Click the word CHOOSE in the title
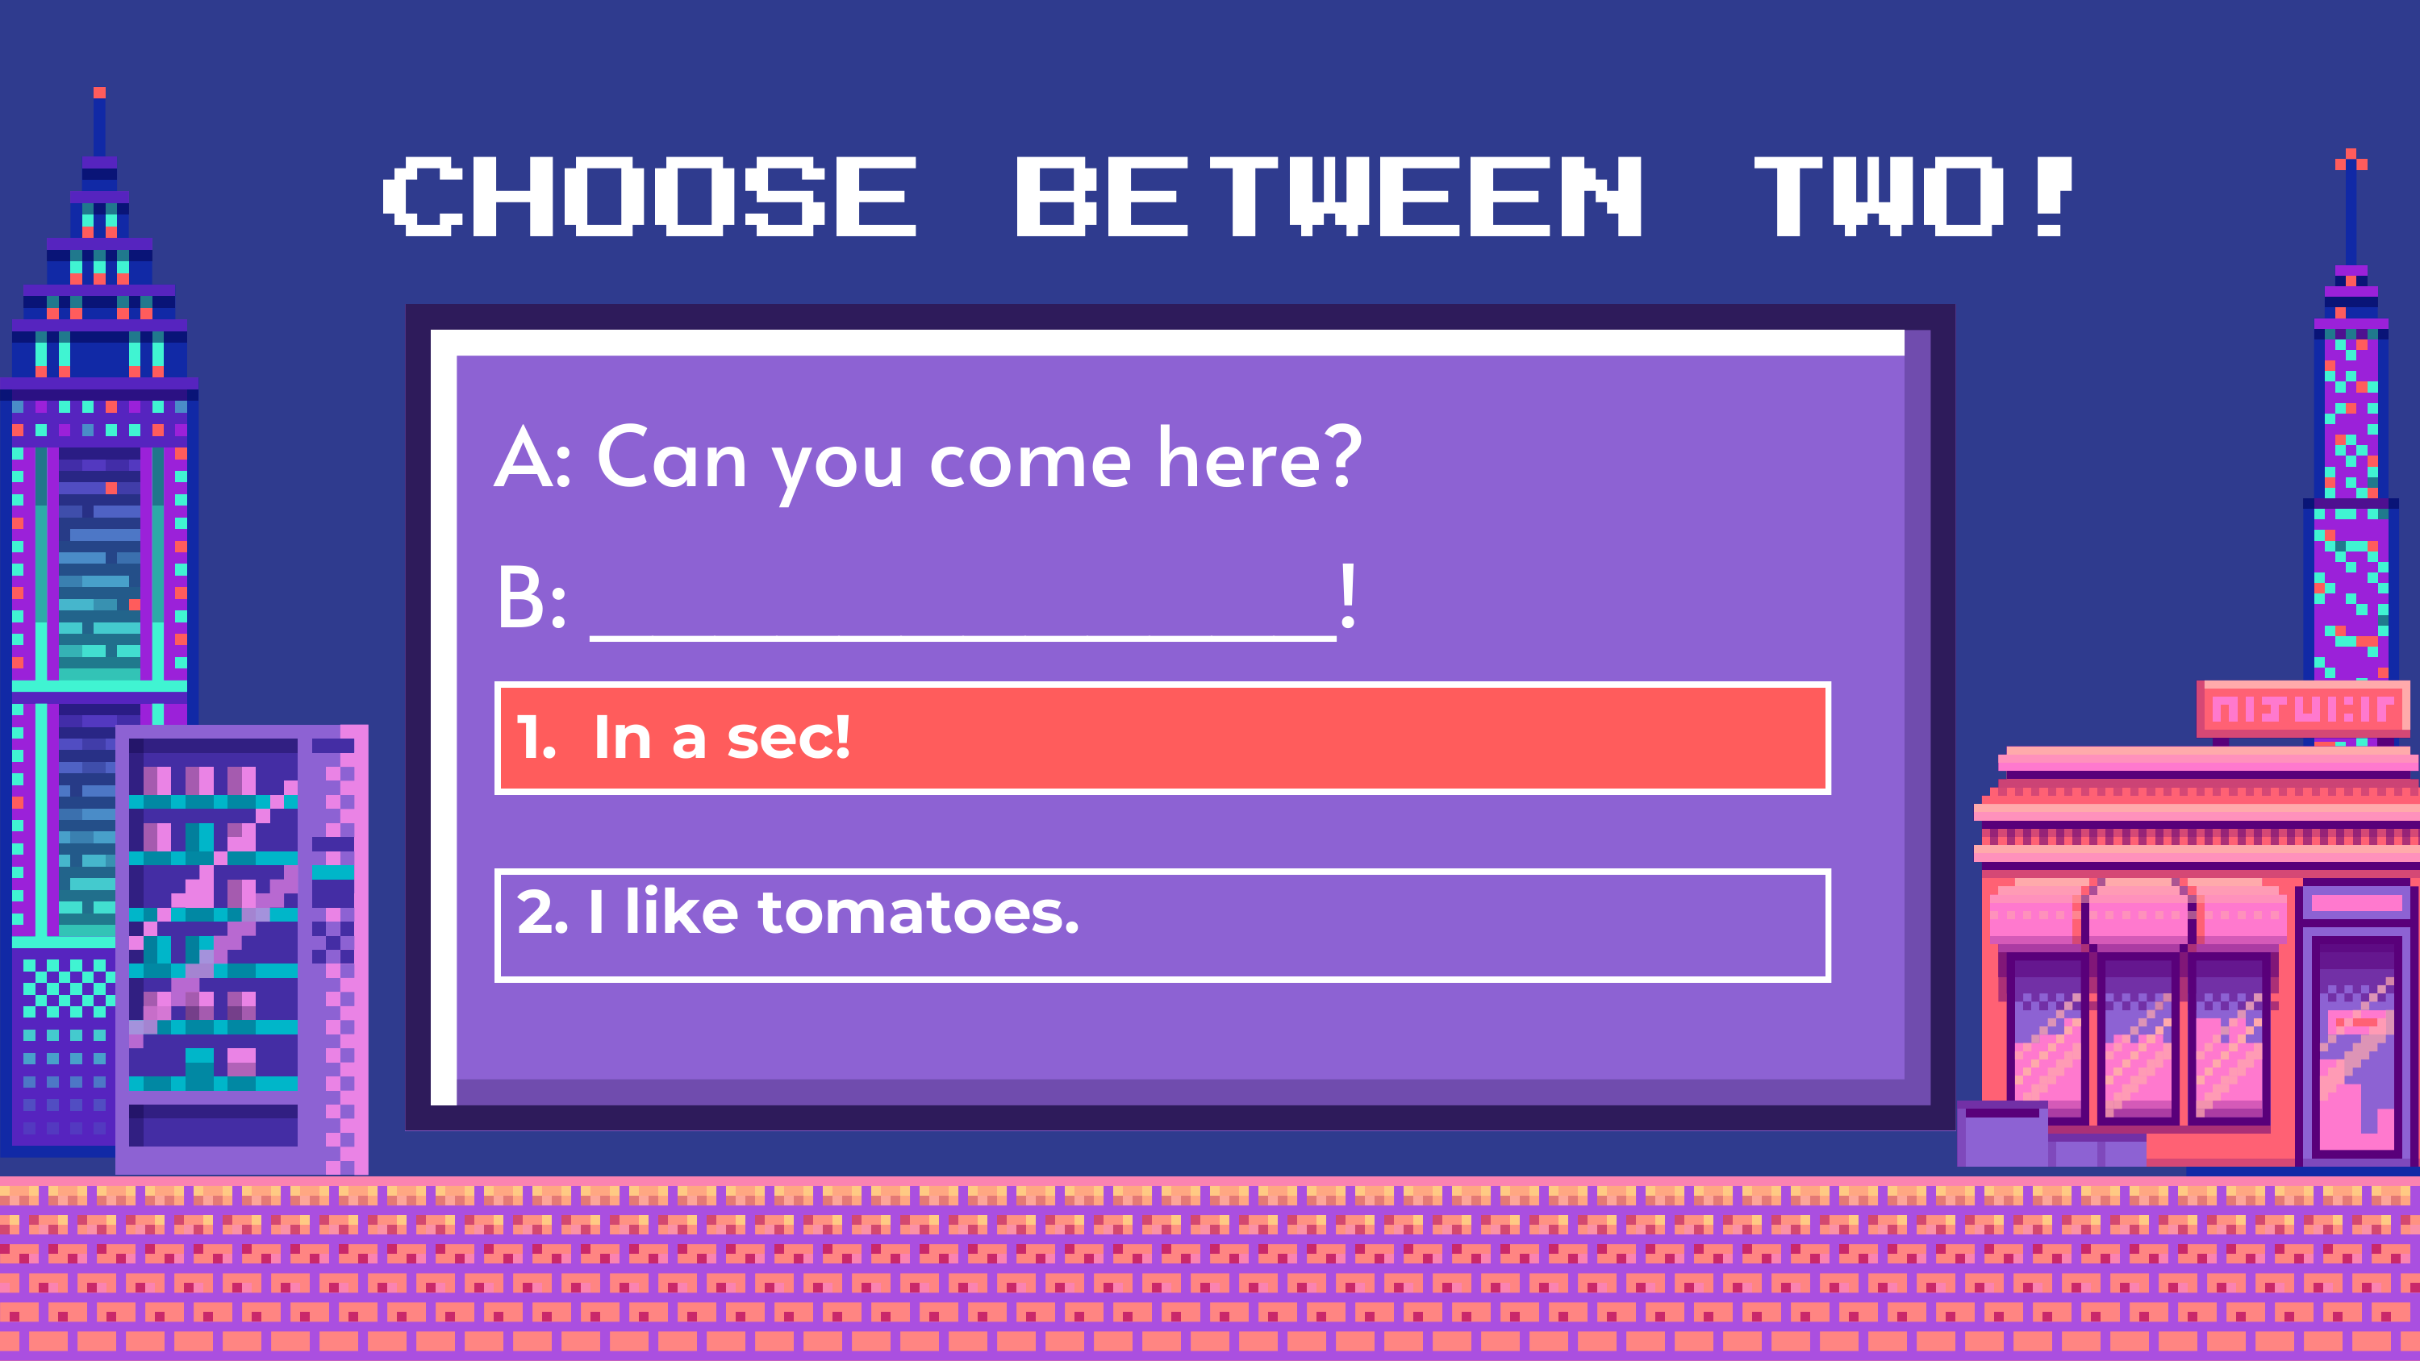tap(649, 196)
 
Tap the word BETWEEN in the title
tap(1329, 196)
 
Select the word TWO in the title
tap(1880, 196)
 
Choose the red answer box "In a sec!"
tap(1162, 739)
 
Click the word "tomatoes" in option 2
tap(919, 913)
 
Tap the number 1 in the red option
tap(532, 739)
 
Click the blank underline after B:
tap(963, 638)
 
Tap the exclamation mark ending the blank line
tap(1348, 596)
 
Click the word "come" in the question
tap(1031, 464)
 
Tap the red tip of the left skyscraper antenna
tap(99, 93)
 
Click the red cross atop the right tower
tap(2351, 160)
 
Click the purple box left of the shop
tap(2003, 1134)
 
